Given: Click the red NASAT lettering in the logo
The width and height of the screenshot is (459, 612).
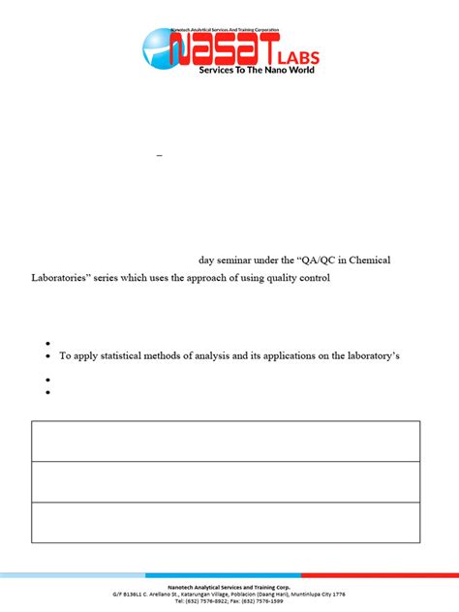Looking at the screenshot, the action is point(223,47).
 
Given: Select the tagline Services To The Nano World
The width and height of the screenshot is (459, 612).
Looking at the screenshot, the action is point(257,70).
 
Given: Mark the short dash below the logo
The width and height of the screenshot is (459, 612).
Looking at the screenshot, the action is point(159,155).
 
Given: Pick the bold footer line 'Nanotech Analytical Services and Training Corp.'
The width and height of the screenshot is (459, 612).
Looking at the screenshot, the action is point(229,587).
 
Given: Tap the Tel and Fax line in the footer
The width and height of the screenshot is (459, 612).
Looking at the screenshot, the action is point(229,600).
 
